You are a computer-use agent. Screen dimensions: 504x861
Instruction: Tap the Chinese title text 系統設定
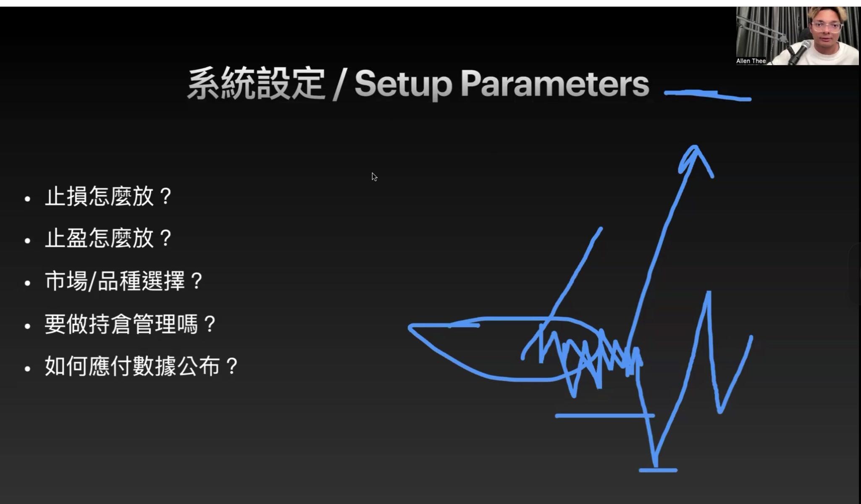[x=255, y=84]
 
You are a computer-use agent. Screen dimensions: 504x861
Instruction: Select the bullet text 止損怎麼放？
[x=108, y=197]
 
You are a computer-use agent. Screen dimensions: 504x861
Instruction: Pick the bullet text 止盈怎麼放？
[x=108, y=239]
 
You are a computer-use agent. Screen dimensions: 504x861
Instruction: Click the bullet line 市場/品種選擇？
[x=124, y=281]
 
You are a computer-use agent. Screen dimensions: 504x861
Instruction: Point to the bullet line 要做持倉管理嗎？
[x=130, y=324]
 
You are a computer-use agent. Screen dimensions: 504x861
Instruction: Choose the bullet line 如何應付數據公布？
[x=142, y=366]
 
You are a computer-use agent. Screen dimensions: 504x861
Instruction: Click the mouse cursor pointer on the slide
[x=374, y=176]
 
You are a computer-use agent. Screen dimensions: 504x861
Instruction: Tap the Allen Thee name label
[x=751, y=61]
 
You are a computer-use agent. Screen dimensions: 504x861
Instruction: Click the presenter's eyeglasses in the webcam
[x=826, y=27]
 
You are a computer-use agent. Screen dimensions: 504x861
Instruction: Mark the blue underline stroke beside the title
[x=708, y=95]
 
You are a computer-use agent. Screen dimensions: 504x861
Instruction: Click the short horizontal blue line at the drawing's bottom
[x=658, y=470]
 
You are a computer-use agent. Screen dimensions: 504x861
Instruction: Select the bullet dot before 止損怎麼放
[x=28, y=199]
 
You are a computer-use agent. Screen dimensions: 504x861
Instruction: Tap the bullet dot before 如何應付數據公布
[x=28, y=369]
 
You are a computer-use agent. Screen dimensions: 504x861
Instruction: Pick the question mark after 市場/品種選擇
[x=196, y=281]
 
